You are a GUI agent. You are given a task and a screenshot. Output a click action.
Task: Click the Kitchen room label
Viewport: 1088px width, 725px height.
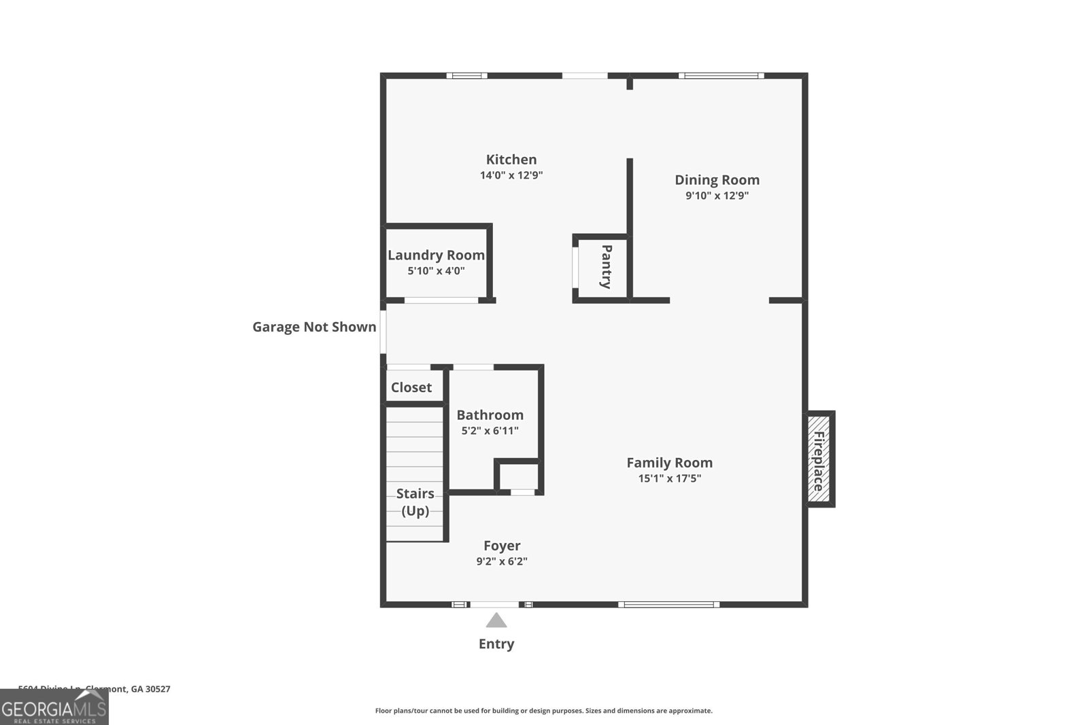[x=511, y=160]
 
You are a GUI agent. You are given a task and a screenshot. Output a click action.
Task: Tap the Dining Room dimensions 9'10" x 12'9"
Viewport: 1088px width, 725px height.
[x=717, y=196]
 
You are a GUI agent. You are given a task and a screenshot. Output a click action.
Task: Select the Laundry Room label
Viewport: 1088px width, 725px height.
[x=436, y=255]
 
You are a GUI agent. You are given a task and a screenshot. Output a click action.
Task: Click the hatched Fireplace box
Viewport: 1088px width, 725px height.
[x=819, y=461]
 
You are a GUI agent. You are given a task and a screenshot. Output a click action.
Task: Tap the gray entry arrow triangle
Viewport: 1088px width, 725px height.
[x=496, y=620]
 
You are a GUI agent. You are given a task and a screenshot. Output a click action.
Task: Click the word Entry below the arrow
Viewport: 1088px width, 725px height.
[x=496, y=644]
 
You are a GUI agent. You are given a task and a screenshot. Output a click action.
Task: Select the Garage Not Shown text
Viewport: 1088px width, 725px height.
[x=314, y=327]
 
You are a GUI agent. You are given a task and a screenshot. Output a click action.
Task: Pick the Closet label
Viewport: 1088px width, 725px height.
[x=411, y=387]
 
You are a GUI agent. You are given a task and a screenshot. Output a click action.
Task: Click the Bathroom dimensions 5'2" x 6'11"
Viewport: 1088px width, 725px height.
[x=490, y=431]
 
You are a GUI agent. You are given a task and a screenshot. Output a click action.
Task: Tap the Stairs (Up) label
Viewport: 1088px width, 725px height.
[x=415, y=502]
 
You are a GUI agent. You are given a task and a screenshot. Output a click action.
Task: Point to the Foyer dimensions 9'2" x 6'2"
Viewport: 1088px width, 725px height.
[x=502, y=562]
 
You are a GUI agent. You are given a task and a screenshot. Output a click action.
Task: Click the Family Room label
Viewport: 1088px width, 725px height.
[x=669, y=463]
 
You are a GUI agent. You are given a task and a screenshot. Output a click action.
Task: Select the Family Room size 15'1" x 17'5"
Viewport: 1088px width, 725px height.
[x=669, y=478]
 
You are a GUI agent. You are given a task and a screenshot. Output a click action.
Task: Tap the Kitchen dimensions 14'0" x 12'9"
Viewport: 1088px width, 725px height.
[x=511, y=175]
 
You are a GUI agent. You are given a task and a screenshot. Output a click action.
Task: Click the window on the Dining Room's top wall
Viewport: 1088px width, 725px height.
[x=721, y=75]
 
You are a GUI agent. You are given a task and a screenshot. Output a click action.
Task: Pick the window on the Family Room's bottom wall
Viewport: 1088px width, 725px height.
[x=668, y=604]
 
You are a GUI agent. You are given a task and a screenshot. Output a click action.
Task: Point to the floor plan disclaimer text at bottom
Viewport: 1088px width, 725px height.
[x=543, y=711]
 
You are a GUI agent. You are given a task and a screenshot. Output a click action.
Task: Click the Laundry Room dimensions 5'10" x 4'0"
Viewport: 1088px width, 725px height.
[x=436, y=271]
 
